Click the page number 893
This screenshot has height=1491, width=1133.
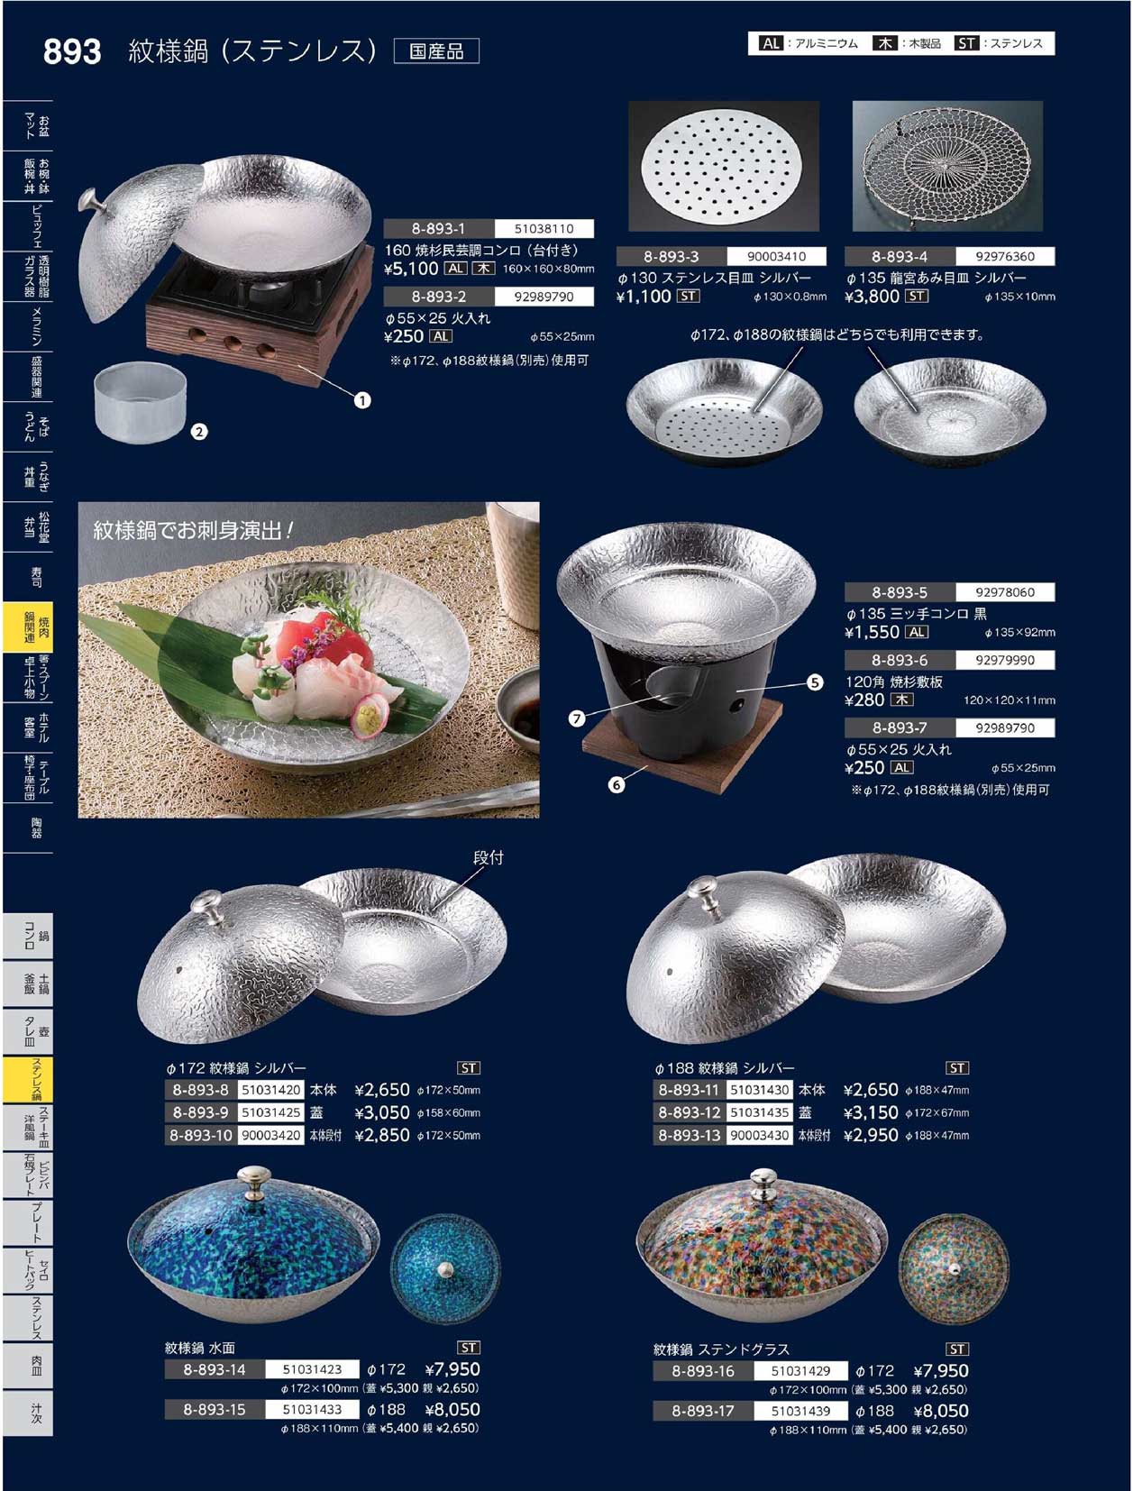coord(72,51)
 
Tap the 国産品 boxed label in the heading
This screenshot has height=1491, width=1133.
coord(436,51)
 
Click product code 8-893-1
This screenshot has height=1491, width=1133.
coord(438,229)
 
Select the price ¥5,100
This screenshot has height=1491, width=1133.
coord(411,269)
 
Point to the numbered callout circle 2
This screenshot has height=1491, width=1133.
coord(199,432)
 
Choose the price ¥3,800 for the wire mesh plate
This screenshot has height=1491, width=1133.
coord(873,297)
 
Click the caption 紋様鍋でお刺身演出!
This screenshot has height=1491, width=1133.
coord(194,530)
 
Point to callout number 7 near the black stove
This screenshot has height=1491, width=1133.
coord(577,718)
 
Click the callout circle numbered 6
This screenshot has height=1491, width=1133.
coord(617,784)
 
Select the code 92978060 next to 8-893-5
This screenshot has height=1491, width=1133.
coord(1004,592)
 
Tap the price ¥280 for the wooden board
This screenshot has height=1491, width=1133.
coord(864,700)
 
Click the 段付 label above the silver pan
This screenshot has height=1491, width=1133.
coord(488,858)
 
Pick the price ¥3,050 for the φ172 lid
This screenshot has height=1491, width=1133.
coord(382,1112)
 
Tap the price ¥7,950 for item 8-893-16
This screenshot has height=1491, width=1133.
coord(940,1371)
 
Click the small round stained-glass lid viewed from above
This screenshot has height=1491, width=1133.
coord(954,1269)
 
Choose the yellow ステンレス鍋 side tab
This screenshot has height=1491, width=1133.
coord(28,1079)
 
